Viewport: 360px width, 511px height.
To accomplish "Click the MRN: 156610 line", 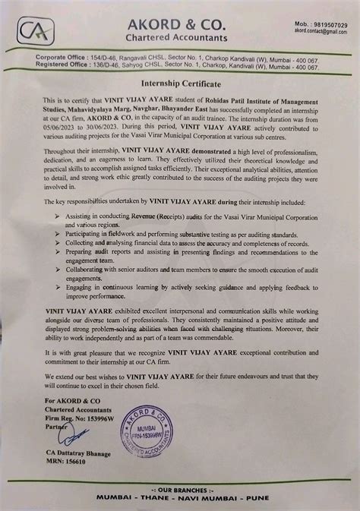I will point(67,474).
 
